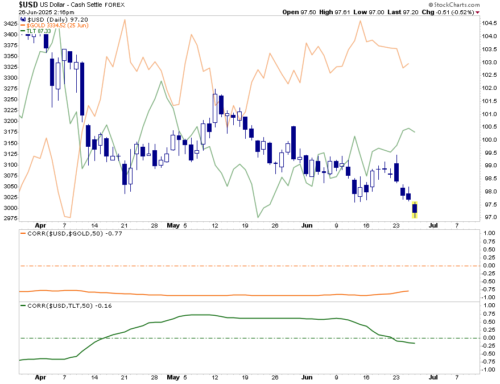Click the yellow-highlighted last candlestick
coord(415,209)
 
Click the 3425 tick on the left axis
coord(10,23)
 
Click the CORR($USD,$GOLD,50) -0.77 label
coord(68,233)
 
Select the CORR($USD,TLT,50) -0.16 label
coord(64,306)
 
